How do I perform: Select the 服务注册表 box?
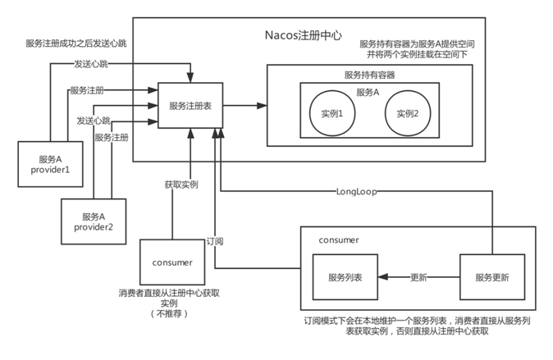tap(190, 105)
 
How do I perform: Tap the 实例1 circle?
tap(331, 113)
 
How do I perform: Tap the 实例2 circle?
tap(407, 113)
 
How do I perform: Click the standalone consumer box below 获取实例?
tap(172, 262)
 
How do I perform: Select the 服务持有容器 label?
tap(369, 75)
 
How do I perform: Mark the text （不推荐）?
tap(171, 314)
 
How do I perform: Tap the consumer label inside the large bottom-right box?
tap(339, 240)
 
